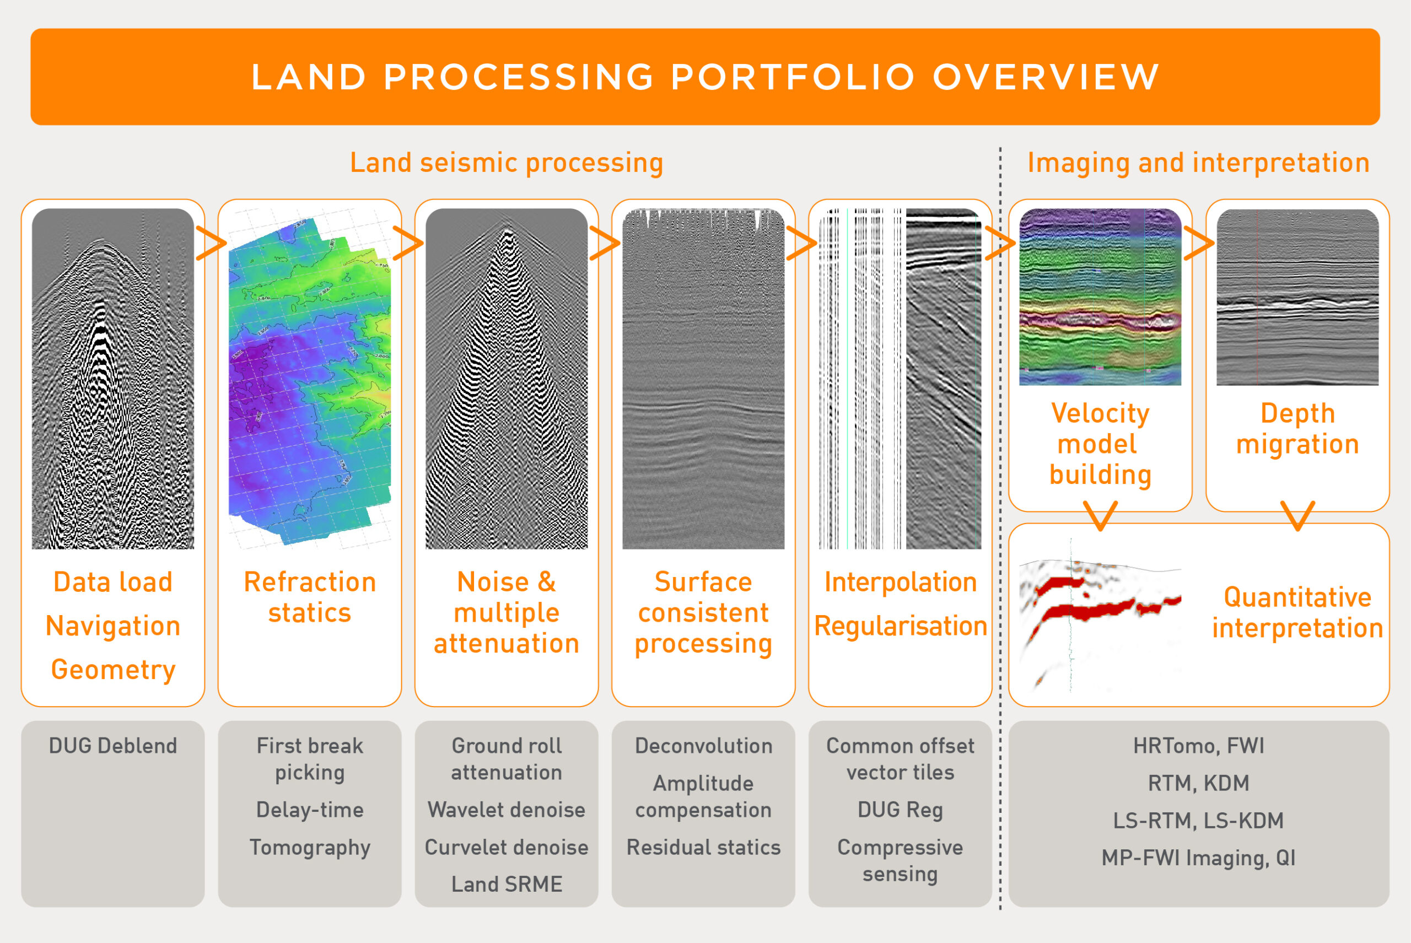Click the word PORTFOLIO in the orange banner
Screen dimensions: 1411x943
point(793,77)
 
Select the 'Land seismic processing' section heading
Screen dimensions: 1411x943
point(507,163)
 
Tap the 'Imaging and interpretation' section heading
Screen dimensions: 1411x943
point(1198,163)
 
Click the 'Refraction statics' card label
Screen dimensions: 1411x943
point(310,597)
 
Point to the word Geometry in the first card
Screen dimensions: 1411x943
point(113,670)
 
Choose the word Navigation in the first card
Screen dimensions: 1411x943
point(113,626)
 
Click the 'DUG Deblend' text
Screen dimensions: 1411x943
point(113,746)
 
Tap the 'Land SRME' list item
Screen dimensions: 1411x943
point(507,884)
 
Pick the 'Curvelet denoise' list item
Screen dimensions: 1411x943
point(507,847)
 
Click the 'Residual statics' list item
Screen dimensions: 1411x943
point(704,847)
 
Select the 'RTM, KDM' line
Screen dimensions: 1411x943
point(1199,783)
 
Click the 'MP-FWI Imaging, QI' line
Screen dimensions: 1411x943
point(1199,858)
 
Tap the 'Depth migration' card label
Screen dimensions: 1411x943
point(1298,429)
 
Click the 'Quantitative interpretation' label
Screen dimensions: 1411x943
point(1298,613)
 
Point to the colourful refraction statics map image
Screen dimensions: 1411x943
point(310,379)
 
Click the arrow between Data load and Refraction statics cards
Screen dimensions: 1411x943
point(211,244)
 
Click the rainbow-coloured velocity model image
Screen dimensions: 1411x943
point(1100,297)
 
